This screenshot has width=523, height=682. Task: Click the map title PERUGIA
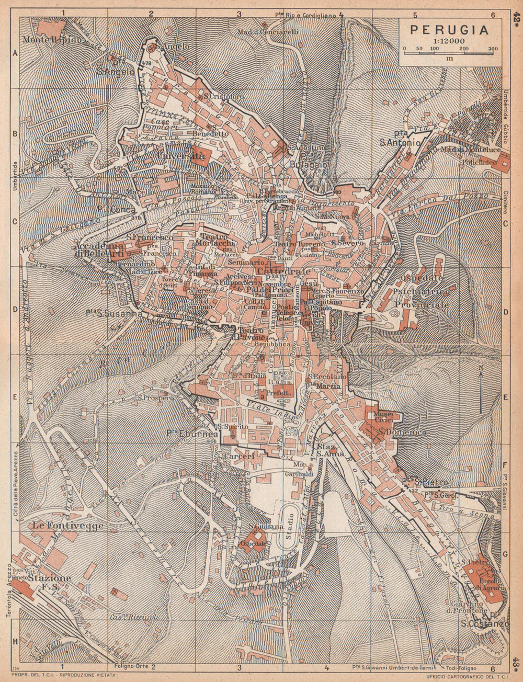click(449, 29)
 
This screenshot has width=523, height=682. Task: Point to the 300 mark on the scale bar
click(492, 49)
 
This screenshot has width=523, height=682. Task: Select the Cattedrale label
click(277, 272)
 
